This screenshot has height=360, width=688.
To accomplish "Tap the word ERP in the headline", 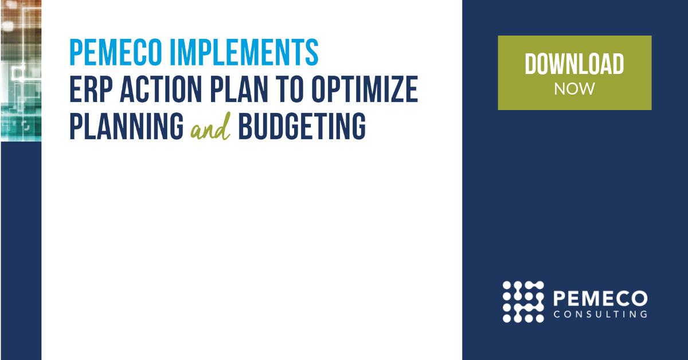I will pyautogui.click(x=89, y=90).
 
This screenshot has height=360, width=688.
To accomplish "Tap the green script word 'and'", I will pyautogui.click(x=210, y=128).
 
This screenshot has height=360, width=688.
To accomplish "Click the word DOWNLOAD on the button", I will pyautogui.click(x=574, y=64).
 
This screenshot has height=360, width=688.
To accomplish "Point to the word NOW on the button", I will pyautogui.click(x=574, y=89).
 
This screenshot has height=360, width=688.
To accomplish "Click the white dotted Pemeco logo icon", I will pyautogui.click(x=523, y=302).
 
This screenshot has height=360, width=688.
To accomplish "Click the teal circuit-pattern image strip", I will pyautogui.click(x=21, y=69).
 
